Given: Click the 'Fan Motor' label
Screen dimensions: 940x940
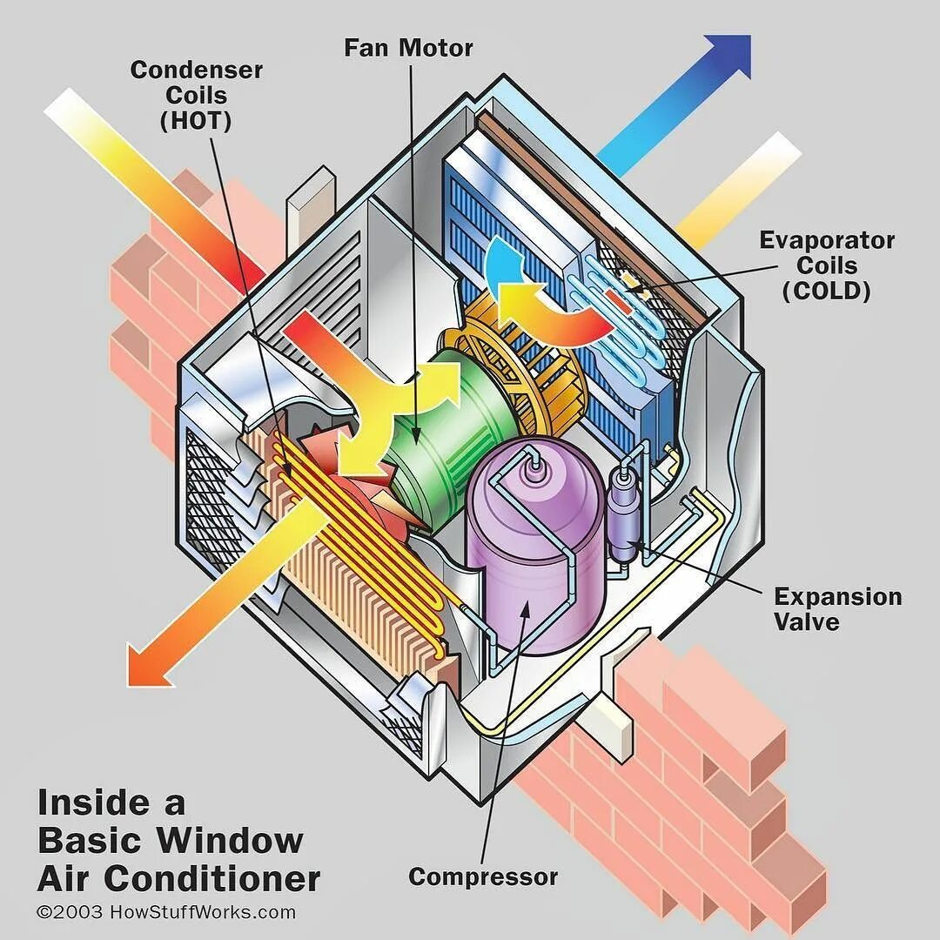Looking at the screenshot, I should [x=408, y=47].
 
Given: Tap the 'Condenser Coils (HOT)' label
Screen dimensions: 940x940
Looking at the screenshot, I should [x=196, y=95].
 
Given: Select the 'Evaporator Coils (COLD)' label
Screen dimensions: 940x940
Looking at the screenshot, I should [x=826, y=265].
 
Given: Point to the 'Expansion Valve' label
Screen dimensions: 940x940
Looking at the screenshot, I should [x=837, y=608].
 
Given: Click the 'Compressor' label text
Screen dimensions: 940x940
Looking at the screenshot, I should [x=483, y=876].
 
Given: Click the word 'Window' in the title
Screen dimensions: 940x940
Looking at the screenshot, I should [x=231, y=841].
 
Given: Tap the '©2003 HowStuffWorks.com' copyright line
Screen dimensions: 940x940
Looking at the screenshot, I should [x=166, y=912].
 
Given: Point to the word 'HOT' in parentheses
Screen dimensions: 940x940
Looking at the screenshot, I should [x=196, y=120].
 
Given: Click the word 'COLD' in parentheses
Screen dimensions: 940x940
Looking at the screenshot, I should [x=826, y=291].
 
